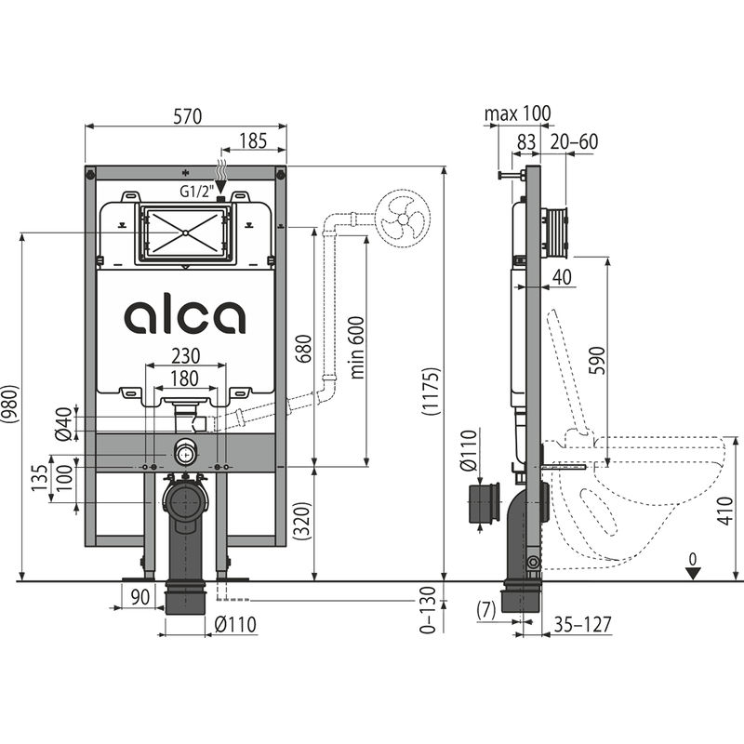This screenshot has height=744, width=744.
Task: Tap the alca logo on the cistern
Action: pos(185,316)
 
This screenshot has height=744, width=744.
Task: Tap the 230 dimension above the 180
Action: pos(185,356)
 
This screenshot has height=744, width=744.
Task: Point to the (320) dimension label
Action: pos(299,524)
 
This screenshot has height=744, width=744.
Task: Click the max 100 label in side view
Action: pos(517,113)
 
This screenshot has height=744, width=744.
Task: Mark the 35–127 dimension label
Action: pos(582,624)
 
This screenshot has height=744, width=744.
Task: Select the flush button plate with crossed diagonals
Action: pos(186,232)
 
